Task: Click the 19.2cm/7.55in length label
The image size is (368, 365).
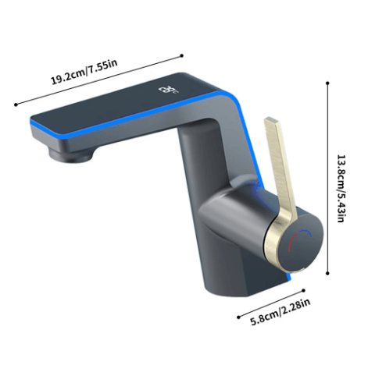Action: (84, 72)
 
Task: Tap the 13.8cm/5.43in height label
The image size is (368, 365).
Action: (341, 189)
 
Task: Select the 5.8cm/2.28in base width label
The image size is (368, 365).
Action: (280, 312)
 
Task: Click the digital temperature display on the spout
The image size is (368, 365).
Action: (168, 90)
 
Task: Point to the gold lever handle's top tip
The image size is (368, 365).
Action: (271, 120)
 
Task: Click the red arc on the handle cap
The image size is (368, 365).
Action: (292, 241)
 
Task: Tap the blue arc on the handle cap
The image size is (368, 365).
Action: (305, 232)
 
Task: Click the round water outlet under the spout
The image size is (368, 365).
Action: (70, 155)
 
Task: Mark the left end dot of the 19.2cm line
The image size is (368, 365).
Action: (16, 105)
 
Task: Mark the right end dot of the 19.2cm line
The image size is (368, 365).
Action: (182, 55)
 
